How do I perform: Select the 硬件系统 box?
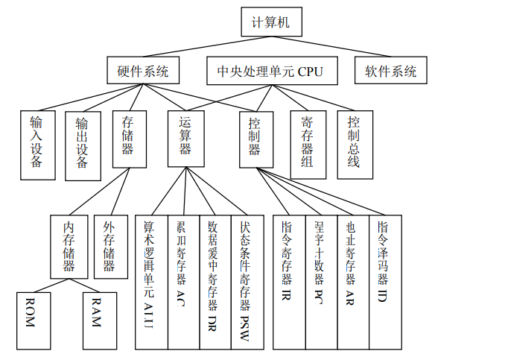(x=143, y=72)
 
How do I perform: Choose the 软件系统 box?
(x=390, y=72)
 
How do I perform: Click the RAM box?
(x=100, y=320)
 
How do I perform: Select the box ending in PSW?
(x=247, y=282)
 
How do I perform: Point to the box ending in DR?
(x=215, y=282)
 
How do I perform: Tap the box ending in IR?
(x=288, y=282)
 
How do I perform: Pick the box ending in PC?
(x=321, y=282)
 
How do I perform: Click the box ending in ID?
(x=385, y=282)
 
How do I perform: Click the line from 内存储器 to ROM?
(x=48, y=285)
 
